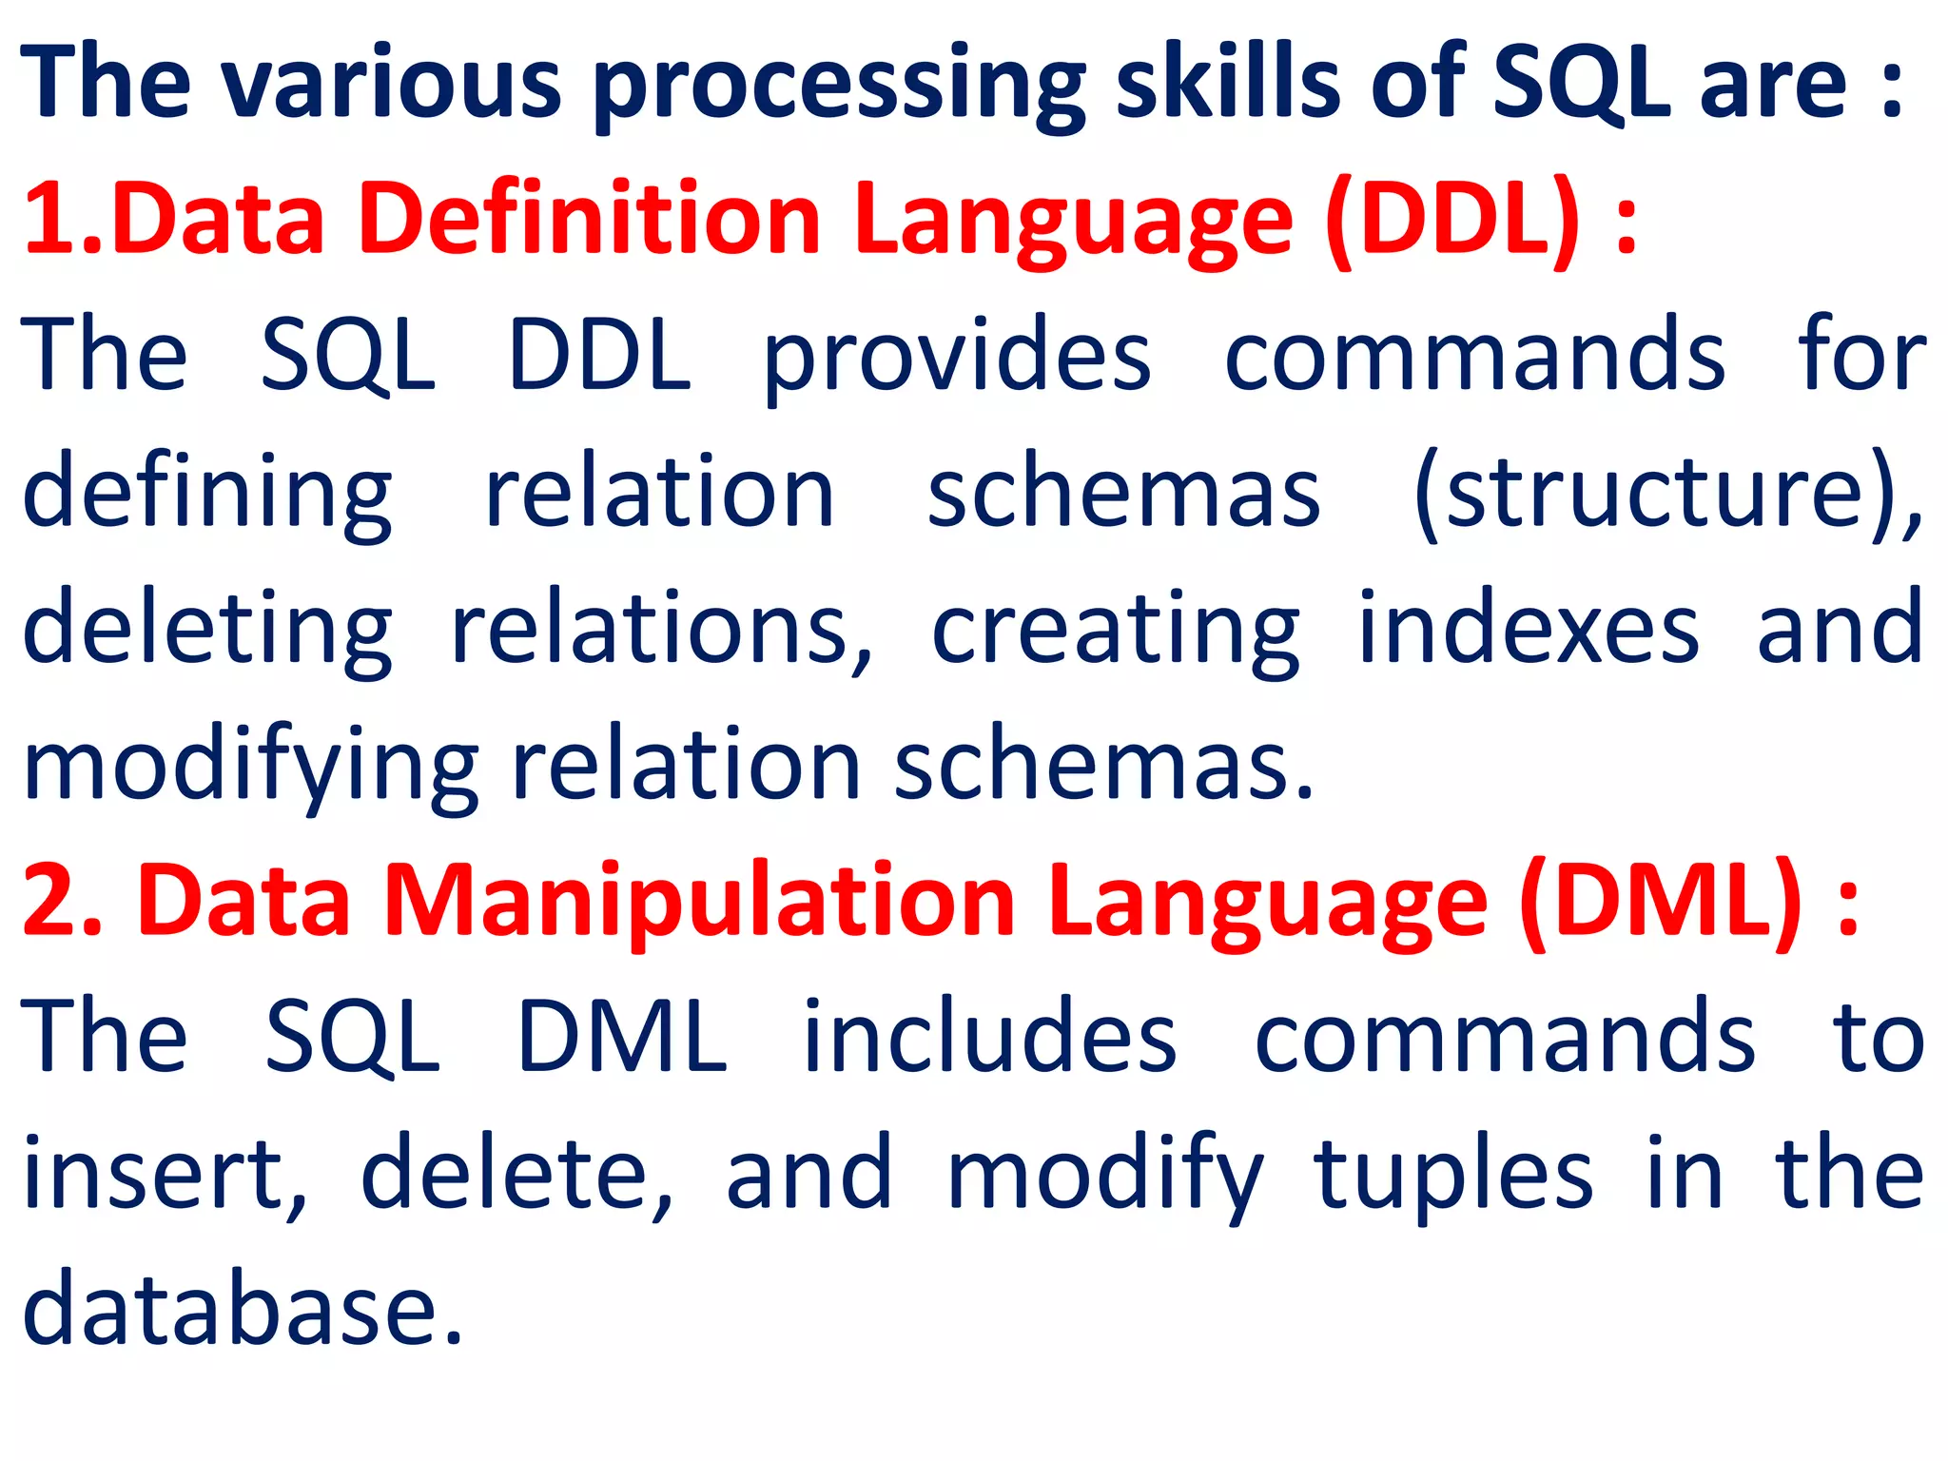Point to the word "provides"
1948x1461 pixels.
click(x=957, y=358)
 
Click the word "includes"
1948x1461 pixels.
click(x=989, y=1037)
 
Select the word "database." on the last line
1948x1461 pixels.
click(x=243, y=1311)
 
